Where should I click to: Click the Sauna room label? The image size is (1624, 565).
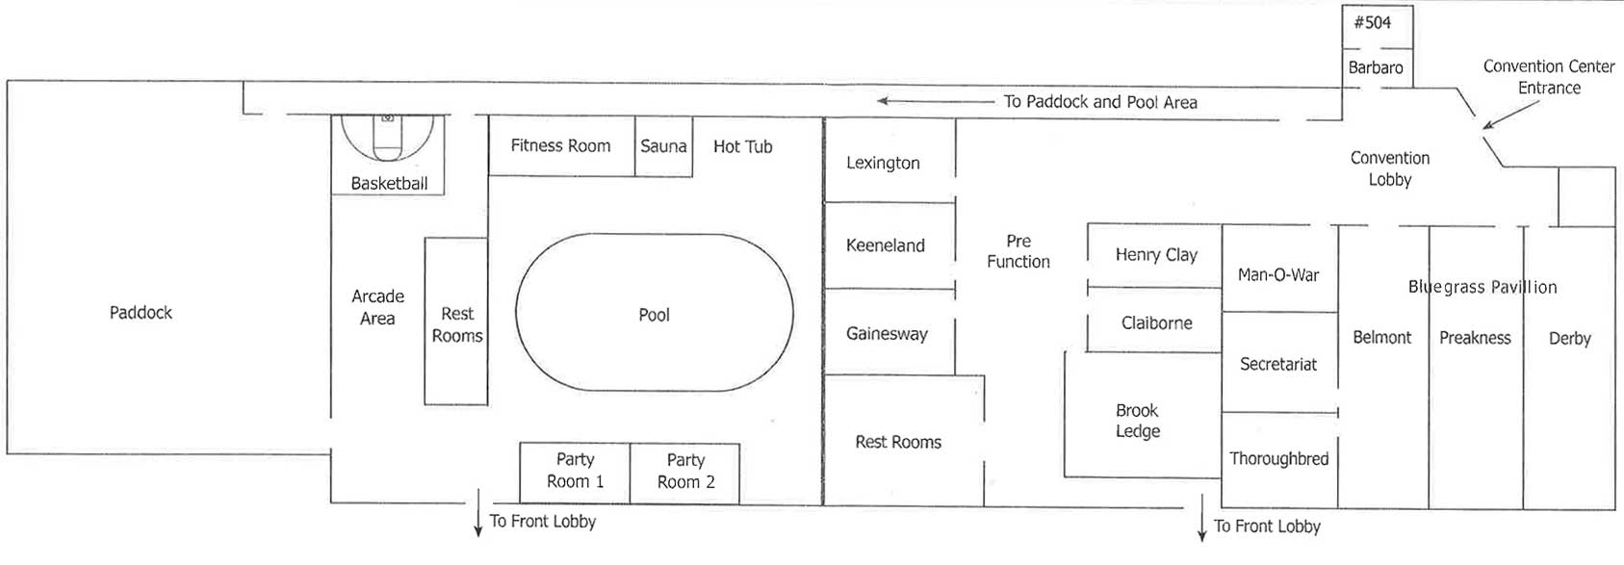click(662, 146)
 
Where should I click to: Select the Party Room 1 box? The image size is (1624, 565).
click(575, 473)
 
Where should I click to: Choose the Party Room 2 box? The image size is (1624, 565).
click(685, 473)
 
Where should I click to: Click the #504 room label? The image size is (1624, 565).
click(1373, 22)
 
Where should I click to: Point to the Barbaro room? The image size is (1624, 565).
click(1377, 68)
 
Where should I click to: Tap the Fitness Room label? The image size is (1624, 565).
click(560, 145)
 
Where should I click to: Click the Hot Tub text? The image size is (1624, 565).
click(742, 146)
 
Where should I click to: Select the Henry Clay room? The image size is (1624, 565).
click(1154, 254)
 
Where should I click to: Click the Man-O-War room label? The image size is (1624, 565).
click(1278, 275)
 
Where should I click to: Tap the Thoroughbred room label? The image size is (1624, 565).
click(1279, 458)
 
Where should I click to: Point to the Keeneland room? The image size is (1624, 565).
click(889, 245)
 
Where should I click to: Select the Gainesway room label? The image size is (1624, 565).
click(887, 334)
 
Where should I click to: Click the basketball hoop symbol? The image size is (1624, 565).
click(388, 117)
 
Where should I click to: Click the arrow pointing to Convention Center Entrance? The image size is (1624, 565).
click(1510, 115)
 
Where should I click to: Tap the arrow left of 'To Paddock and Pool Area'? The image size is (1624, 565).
click(936, 101)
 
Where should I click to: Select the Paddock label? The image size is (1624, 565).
click(141, 313)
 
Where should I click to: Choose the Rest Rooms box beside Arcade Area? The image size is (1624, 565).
click(456, 321)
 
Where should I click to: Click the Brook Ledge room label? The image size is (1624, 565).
click(1138, 421)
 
